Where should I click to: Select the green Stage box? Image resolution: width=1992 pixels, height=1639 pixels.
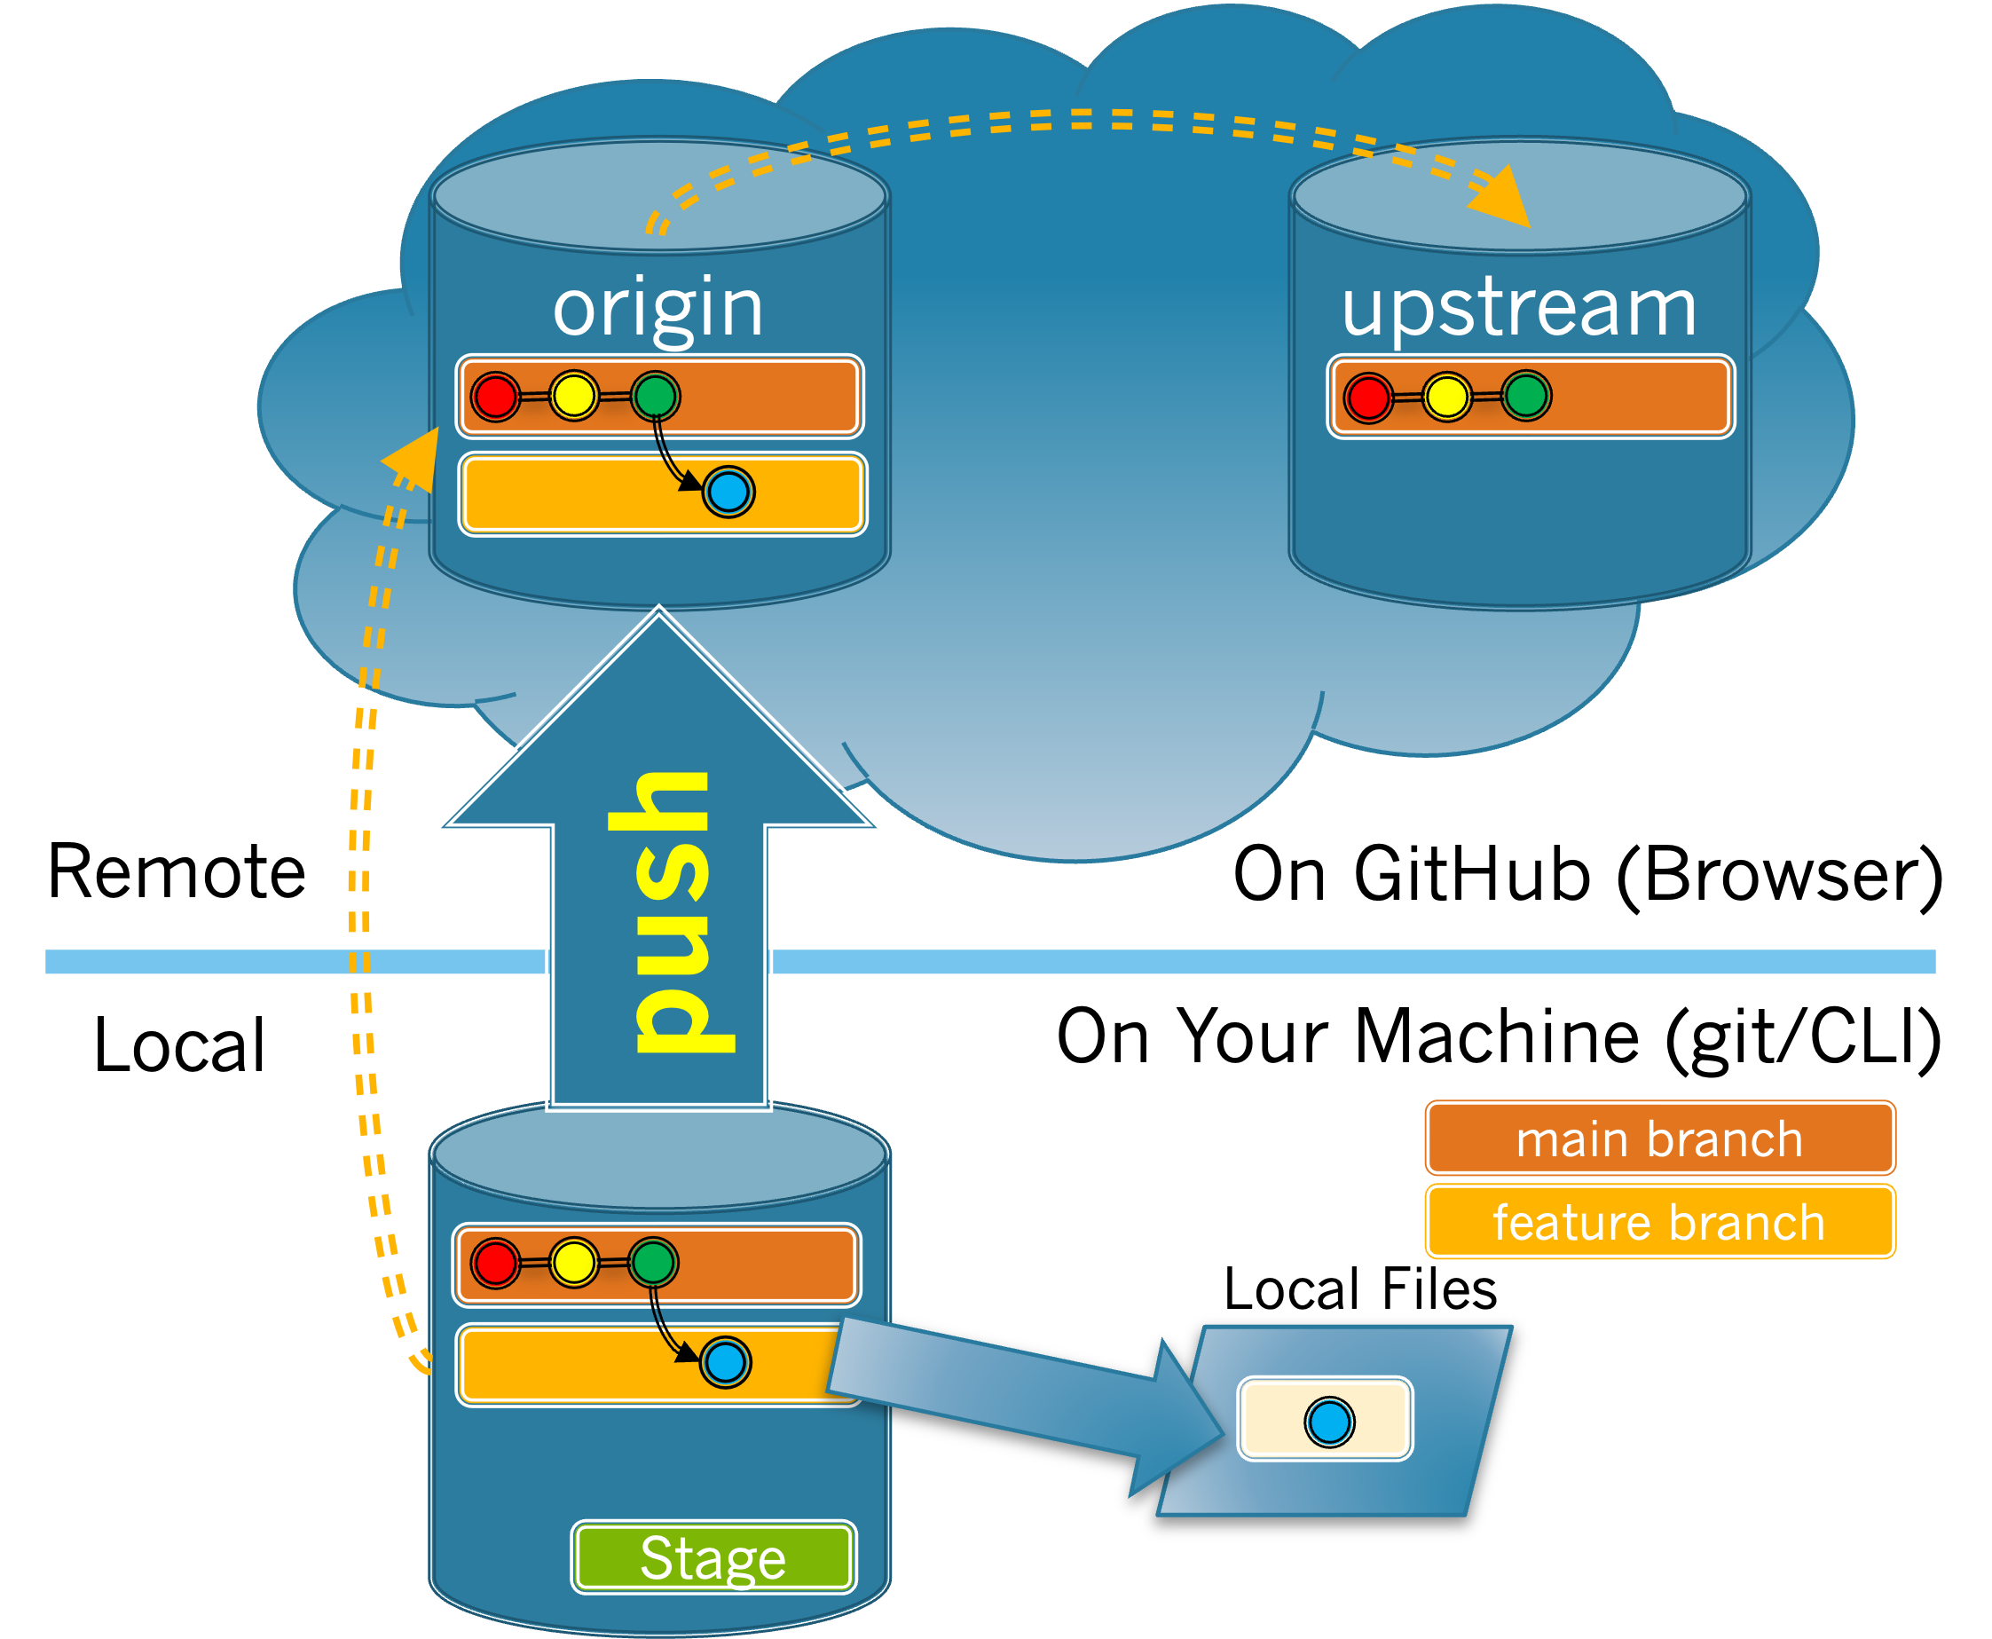coord(713,1556)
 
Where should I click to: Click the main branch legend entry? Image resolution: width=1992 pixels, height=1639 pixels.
coord(1659,1138)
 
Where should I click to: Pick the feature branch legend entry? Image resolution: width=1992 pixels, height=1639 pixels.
coord(1659,1222)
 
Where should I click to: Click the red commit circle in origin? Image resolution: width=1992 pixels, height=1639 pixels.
coord(496,397)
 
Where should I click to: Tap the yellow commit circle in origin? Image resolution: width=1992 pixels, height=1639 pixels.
coord(574,396)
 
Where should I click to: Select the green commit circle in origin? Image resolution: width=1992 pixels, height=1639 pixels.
coord(655,396)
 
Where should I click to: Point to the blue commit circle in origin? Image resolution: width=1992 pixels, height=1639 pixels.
coord(728,492)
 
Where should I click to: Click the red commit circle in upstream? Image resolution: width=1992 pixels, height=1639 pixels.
coord(1368,397)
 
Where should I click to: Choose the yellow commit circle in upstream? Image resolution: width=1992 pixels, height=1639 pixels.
coord(1446,397)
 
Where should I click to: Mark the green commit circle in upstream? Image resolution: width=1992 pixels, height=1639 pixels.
coord(1526,396)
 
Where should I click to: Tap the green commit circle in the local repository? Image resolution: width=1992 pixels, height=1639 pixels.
coord(653,1262)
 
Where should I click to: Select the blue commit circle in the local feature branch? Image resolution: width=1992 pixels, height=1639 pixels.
coord(725,1362)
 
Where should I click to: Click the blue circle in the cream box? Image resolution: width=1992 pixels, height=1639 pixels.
coord(1329,1422)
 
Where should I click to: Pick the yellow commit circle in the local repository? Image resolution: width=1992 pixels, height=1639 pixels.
coord(574,1262)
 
